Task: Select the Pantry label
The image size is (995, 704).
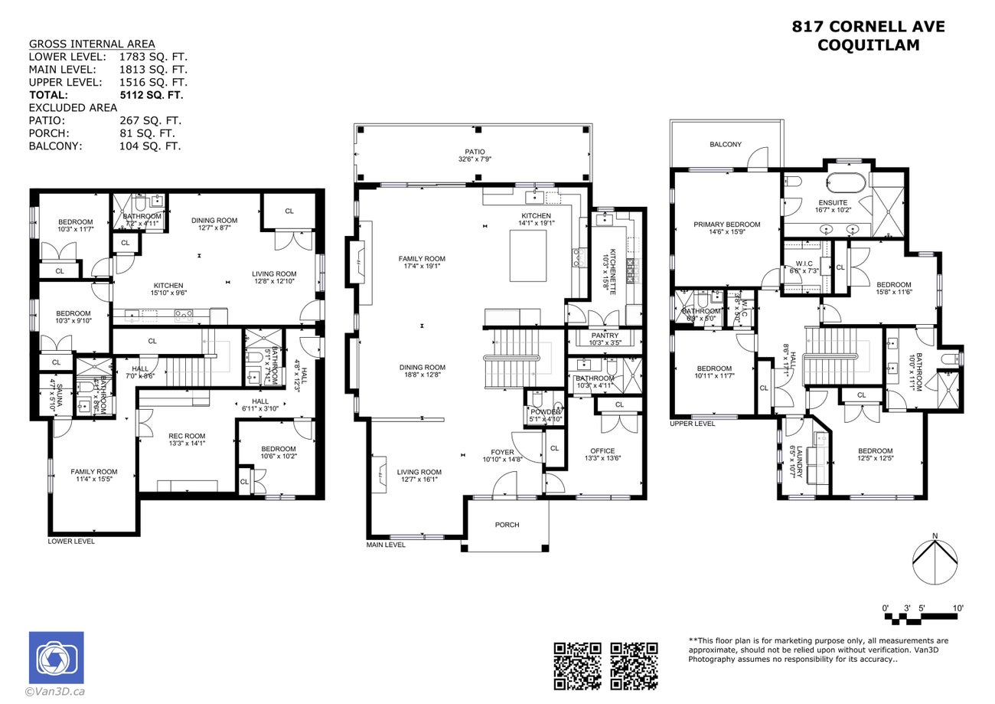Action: pos(605,336)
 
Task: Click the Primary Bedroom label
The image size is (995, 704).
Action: pos(726,224)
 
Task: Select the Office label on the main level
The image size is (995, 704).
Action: pos(602,451)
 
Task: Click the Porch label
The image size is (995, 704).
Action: pos(507,525)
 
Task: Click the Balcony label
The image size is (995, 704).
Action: pos(725,144)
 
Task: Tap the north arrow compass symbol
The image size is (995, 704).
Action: pos(935,562)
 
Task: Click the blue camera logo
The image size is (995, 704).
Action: pos(56,657)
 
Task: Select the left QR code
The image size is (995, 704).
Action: pos(578,665)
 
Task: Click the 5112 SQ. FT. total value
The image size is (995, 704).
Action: pos(151,95)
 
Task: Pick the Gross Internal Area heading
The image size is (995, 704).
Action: pos(91,44)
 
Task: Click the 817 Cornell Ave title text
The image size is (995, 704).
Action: pos(868,28)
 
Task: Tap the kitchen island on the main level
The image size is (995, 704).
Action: pos(528,256)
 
